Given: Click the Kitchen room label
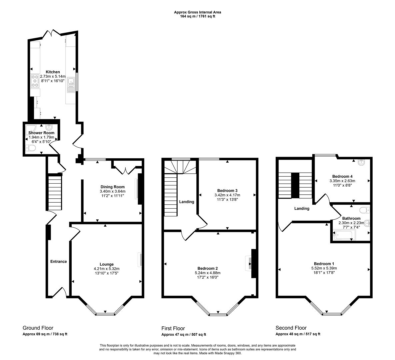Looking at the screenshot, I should coord(53,72).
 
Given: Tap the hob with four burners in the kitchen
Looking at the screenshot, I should coord(35,81).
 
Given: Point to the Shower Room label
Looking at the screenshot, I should coord(41,133).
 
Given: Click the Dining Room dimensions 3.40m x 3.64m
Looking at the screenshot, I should coord(113,191).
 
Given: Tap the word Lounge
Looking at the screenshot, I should coord(107,264).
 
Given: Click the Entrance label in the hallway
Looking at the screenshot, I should coord(59,262).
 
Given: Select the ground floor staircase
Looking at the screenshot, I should coord(55,193).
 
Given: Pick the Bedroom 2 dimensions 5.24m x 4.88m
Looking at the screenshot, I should coord(208,273).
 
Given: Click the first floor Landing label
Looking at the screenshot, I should coord(187,202).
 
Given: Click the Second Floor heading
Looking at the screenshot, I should coord(291,328).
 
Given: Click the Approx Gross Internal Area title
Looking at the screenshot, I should coord(197,12).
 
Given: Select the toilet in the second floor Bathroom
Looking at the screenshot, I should coord(364,210).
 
